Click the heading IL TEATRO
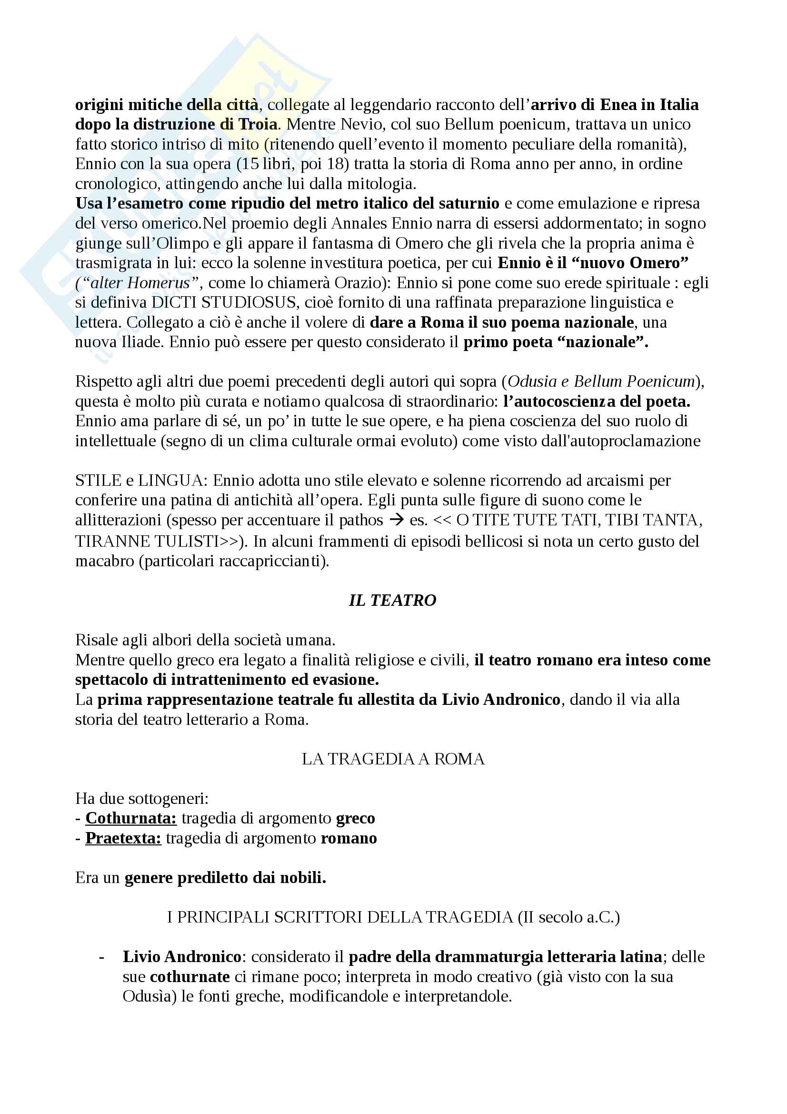392,600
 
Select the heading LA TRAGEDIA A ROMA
393,758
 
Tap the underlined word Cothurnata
131,818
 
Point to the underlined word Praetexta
123,838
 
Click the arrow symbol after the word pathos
396,520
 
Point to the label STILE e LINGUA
138,481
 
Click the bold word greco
356,818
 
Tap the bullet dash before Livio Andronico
101,957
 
